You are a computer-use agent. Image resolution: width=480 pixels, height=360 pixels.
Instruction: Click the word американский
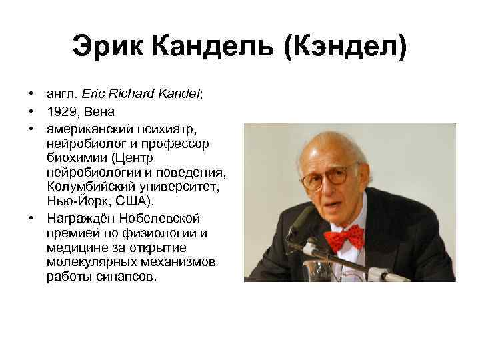(91, 126)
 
